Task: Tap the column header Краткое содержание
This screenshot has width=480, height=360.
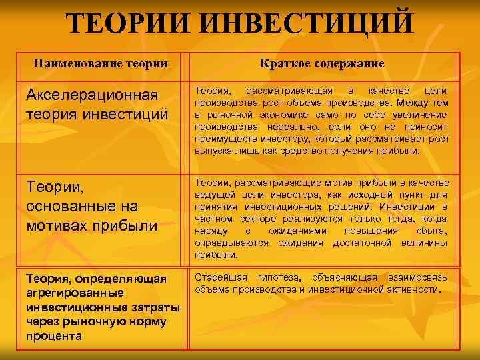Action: [323, 63]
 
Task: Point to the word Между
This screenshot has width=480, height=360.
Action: [411, 103]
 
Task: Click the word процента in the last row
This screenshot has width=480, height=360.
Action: [54, 335]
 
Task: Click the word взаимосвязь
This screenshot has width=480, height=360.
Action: [420, 277]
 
